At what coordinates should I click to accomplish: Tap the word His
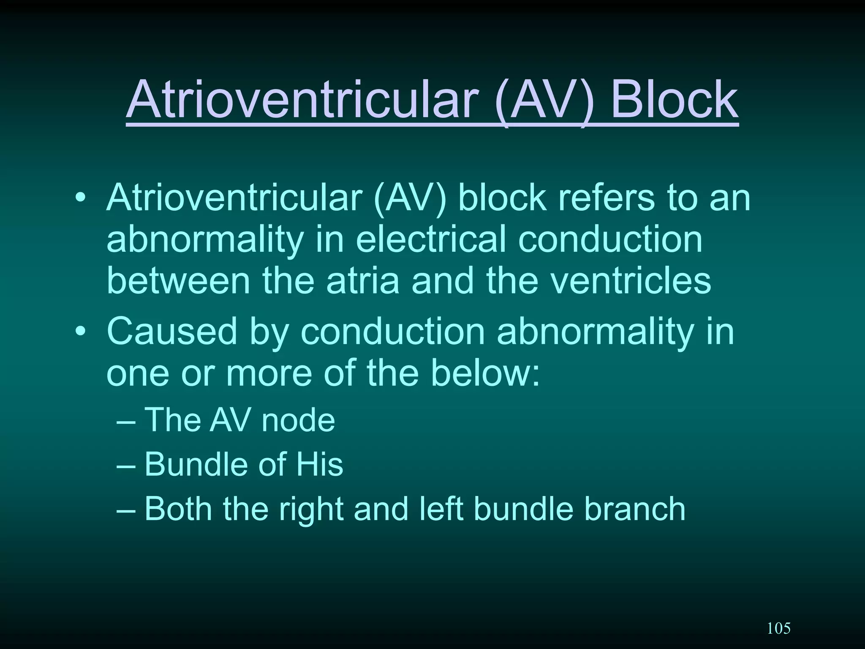click(x=319, y=464)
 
